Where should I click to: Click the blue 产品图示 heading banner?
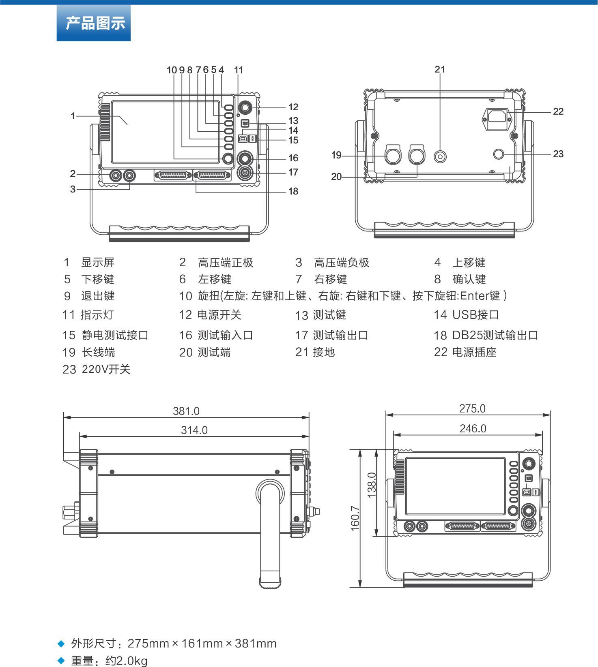(x=94, y=23)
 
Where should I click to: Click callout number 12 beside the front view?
(x=293, y=107)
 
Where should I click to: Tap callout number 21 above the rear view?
(x=440, y=69)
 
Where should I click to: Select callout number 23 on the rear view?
(x=558, y=154)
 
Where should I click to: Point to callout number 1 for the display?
(x=73, y=116)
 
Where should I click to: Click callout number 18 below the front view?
(x=293, y=191)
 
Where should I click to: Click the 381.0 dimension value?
(x=186, y=411)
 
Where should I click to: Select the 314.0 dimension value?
(x=194, y=430)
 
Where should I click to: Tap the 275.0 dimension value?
(x=472, y=408)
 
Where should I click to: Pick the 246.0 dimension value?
(x=473, y=428)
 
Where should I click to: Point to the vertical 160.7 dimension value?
(x=355, y=518)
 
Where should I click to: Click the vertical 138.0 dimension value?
(x=372, y=485)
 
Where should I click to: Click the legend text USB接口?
(x=475, y=315)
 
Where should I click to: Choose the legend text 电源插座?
(x=474, y=352)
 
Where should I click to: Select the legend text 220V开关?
(x=106, y=369)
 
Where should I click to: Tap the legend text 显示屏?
(x=98, y=262)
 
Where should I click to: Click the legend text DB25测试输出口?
(x=495, y=335)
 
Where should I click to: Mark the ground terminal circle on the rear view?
(x=440, y=156)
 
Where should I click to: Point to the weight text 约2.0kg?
(x=127, y=661)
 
